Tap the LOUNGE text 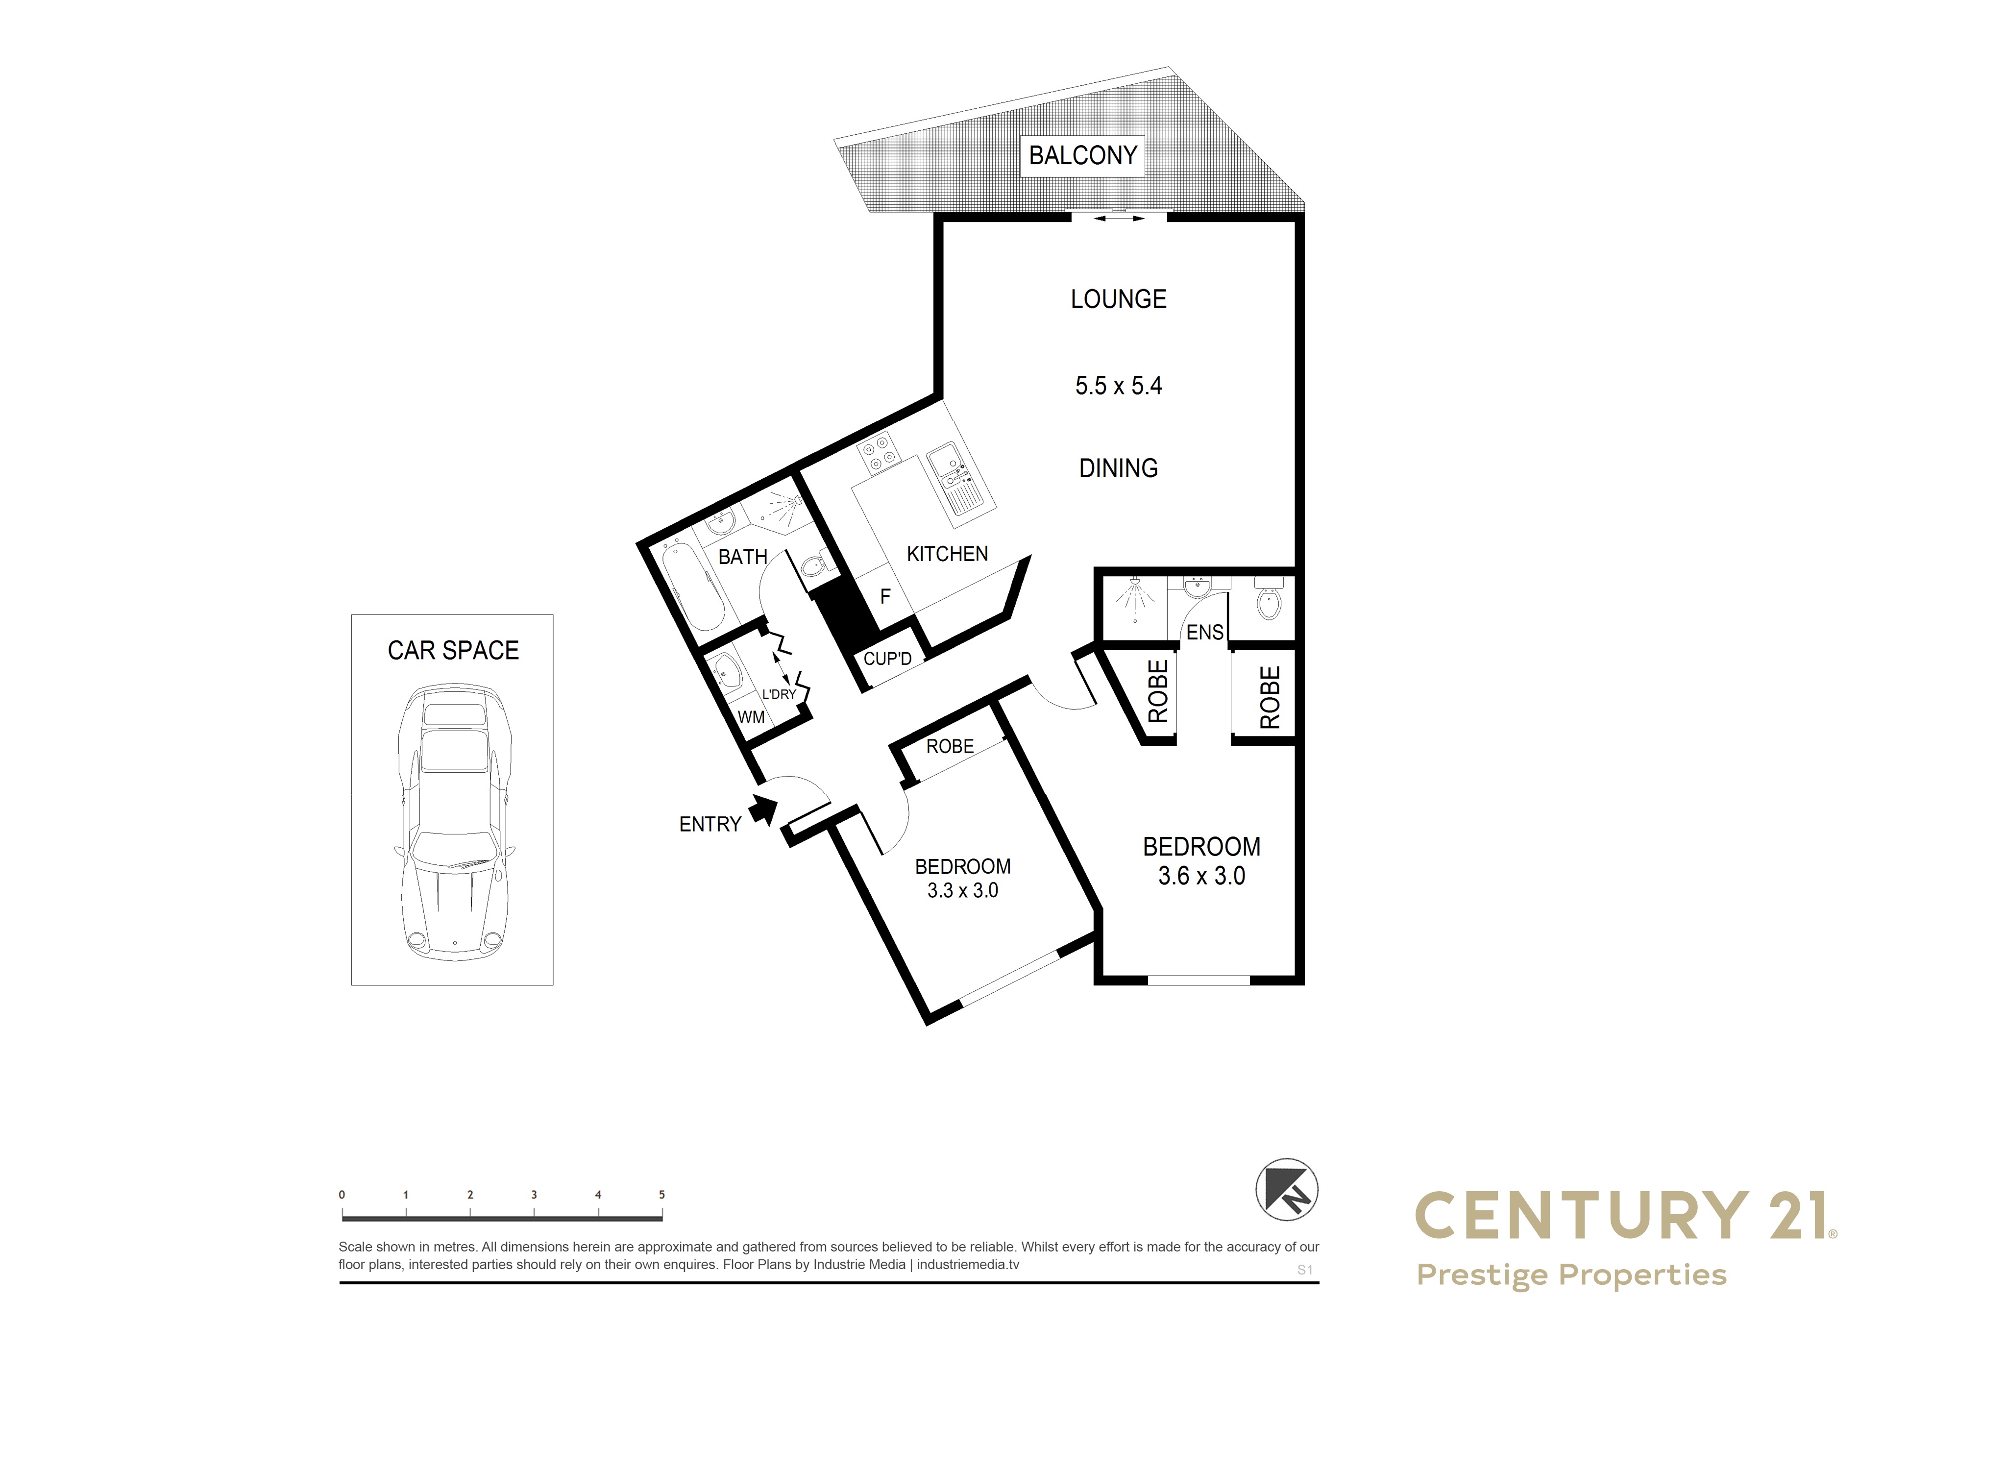pyautogui.click(x=1118, y=299)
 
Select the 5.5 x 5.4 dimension pyautogui.click(x=1118, y=385)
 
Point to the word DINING pyautogui.click(x=1118, y=468)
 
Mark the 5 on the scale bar pyautogui.click(x=662, y=1195)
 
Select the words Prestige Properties pyautogui.click(x=1571, y=1275)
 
